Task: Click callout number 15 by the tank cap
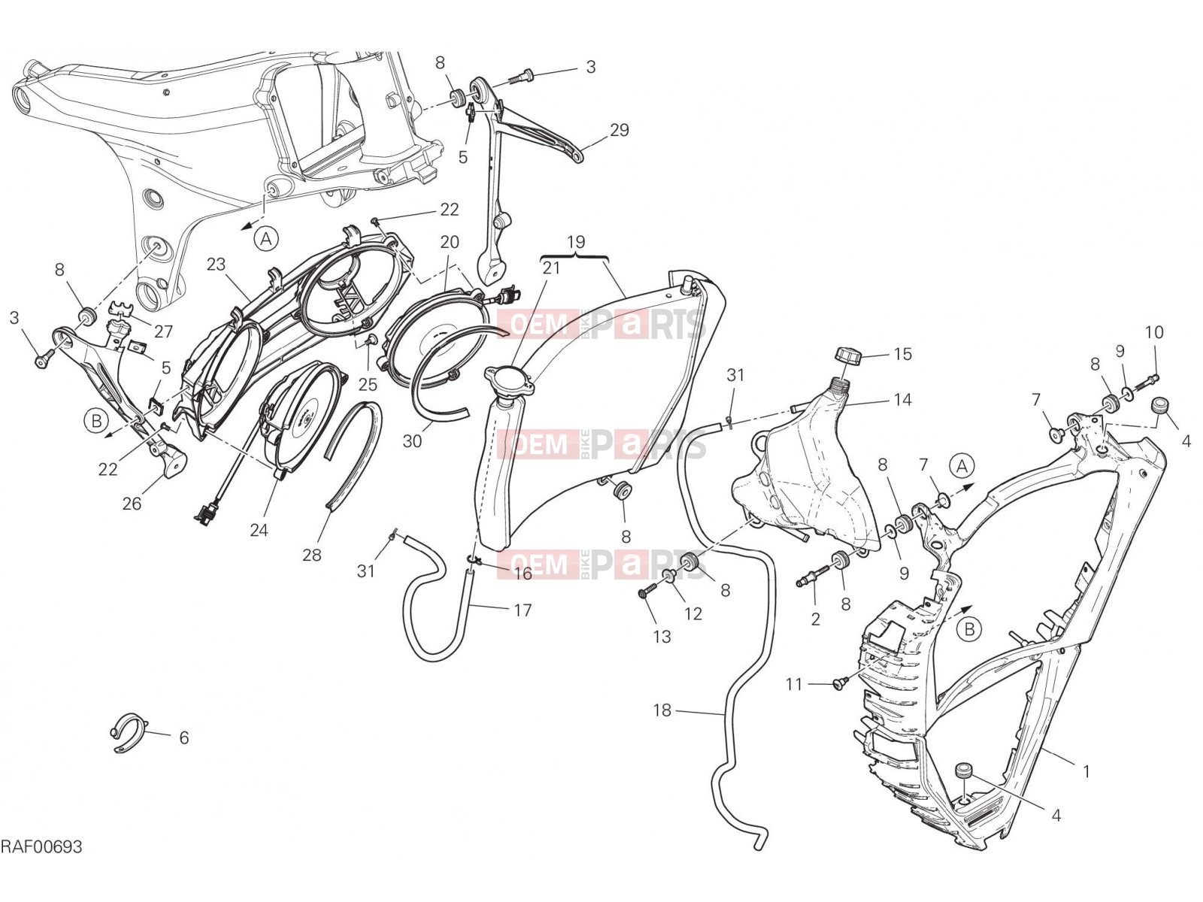tap(903, 354)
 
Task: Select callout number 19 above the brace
tap(575, 241)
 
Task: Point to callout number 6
tap(184, 737)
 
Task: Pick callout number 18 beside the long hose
tap(662, 710)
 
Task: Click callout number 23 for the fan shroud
tap(216, 264)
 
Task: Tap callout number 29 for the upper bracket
tap(620, 130)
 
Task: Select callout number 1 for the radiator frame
tap(1086, 772)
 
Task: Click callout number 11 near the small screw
tap(794, 684)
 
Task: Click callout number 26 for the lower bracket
tap(132, 504)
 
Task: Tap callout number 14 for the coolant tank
tap(903, 401)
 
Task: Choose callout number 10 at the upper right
tap(1154, 332)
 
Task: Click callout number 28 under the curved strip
tap(312, 555)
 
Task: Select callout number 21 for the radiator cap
tap(551, 268)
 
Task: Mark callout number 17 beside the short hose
tap(523, 610)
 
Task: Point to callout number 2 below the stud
tap(816, 619)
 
